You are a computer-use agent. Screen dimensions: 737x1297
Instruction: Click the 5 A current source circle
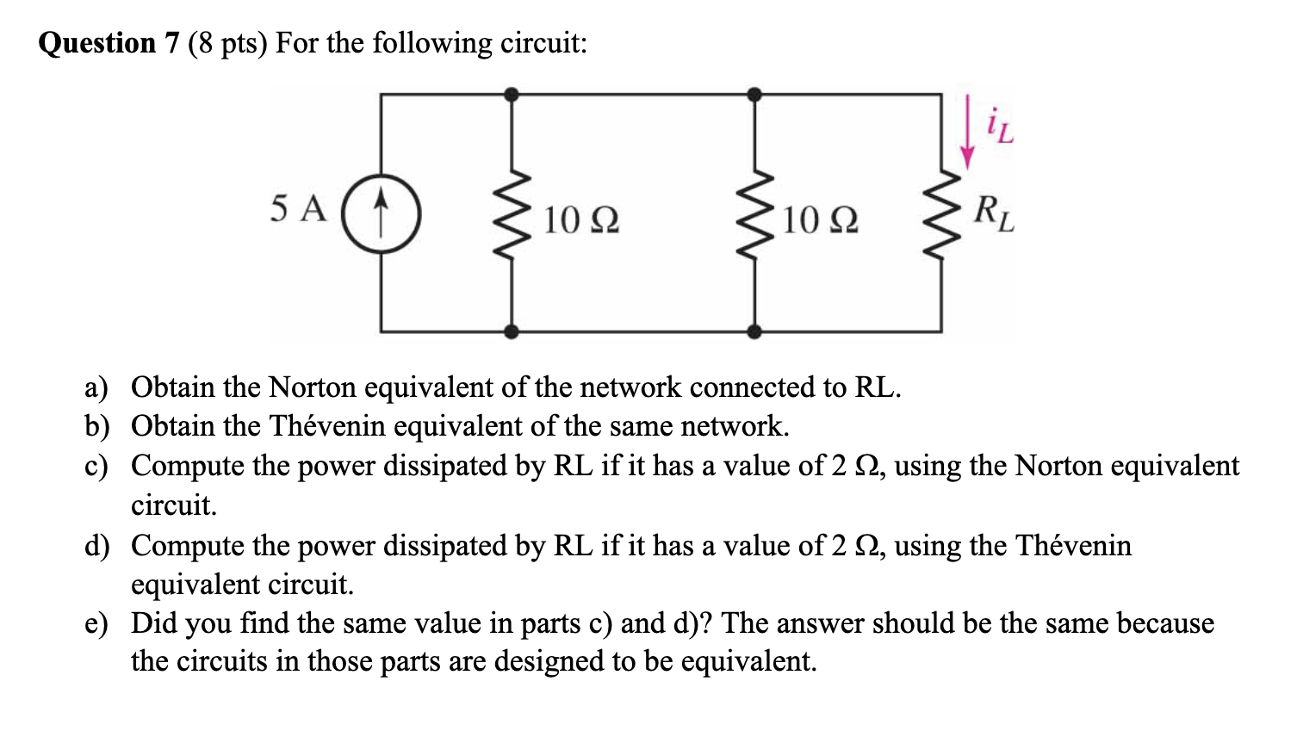click(x=381, y=214)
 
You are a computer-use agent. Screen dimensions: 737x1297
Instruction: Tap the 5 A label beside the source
click(x=298, y=208)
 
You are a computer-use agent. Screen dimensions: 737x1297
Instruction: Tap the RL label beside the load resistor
click(x=994, y=214)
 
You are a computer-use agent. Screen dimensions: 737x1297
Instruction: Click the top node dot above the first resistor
click(x=512, y=94)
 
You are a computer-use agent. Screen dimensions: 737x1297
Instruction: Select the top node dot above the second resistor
click(x=754, y=94)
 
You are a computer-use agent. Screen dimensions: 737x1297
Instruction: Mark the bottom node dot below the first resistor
click(x=512, y=331)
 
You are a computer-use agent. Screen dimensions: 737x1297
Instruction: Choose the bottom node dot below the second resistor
click(x=754, y=331)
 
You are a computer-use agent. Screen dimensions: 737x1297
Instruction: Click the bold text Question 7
click(x=109, y=42)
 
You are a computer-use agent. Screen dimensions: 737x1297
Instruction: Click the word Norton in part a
click(x=312, y=387)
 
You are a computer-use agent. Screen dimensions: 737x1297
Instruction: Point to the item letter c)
click(x=96, y=466)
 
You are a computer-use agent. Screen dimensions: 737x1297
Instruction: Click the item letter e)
click(x=96, y=623)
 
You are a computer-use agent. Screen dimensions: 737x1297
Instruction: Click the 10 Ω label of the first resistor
click(x=581, y=221)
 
